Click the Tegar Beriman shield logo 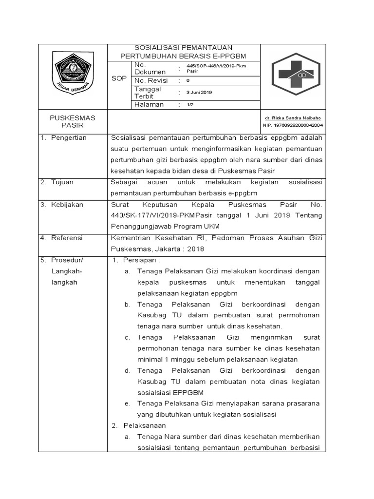[x=73, y=75]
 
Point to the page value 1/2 [x=190, y=105]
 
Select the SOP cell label [x=118, y=78]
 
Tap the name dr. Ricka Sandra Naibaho [x=293, y=118]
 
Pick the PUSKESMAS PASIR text [x=73, y=121]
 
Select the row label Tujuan [x=63, y=182]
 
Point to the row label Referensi [x=67, y=238]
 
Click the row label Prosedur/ [x=68, y=260]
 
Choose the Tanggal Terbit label [x=148, y=92]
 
